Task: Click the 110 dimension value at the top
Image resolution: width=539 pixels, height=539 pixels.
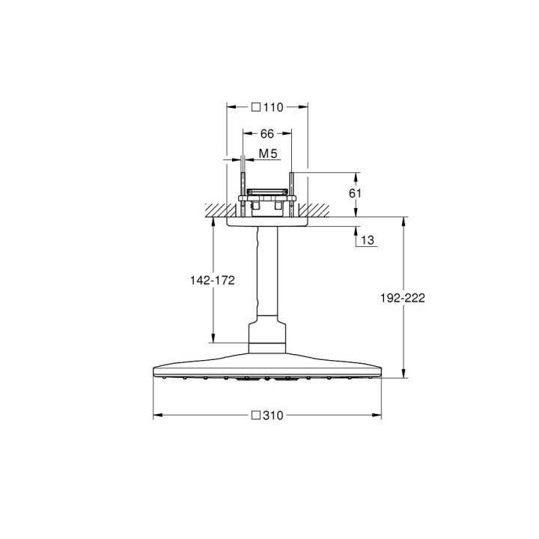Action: pyautogui.click(x=272, y=107)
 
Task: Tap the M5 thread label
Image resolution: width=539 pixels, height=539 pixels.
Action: pyautogui.click(x=268, y=154)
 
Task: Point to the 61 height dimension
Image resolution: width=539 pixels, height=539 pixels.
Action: pyautogui.click(x=356, y=192)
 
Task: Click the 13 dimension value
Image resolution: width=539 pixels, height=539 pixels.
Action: pyautogui.click(x=367, y=240)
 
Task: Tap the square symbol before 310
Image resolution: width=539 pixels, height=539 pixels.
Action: pyautogui.click(x=255, y=414)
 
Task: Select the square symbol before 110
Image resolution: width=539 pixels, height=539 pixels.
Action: pyautogui.click(x=255, y=107)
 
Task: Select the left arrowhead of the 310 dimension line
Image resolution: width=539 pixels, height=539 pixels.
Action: pyautogui.click(x=156, y=414)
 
